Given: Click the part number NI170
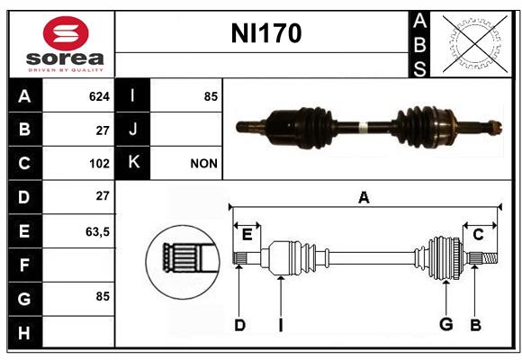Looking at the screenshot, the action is pyautogui.click(x=266, y=33).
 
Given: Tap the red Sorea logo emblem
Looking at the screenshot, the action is pyautogui.click(x=66, y=33).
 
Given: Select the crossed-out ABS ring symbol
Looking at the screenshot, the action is pyautogui.click(x=474, y=43).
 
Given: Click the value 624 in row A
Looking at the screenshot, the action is pyautogui.click(x=99, y=96).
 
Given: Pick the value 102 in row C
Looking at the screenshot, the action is pyautogui.click(x=99, y=164).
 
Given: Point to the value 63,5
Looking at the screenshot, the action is pyautogui.click(x=97, y=231).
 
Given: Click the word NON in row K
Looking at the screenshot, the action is pyautogui.click(x=203, y=164).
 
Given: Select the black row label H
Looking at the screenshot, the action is pyautogui.click(x=25, y=332).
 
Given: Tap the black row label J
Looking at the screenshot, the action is pyautogui.click(x=132, y=129).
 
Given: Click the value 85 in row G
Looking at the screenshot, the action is pyautogui.click(x=103, y=296).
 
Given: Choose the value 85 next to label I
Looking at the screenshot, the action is pyautogui.click(x=211, y=96).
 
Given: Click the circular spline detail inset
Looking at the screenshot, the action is pyautogui.click(x=183, y=262).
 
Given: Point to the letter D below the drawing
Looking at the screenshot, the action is pyautogui.click(x=239, y=325).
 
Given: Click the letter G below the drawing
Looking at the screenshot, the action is pyautogui.click(x=446, y=324).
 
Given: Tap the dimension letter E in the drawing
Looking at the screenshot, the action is pyautogui.click(x=247, y=235).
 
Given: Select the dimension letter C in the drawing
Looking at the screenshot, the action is pyautogui.click(x=478, y=235).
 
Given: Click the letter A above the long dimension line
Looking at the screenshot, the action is pyautogui.click(x=364, y=197).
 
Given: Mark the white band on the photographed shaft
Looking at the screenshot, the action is pyautogui.click(x=363, y=128).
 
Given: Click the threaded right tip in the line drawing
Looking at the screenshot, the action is pyautogui.click(x=490, y=258).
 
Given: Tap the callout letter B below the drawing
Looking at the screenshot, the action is pyautogui.click(x=475, y=325).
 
